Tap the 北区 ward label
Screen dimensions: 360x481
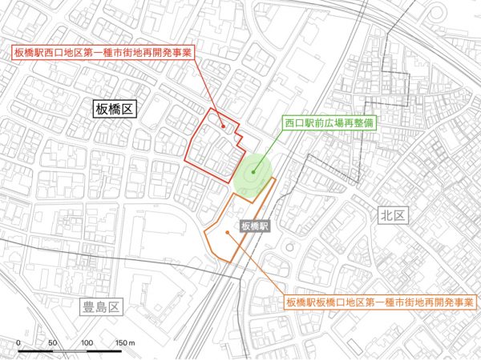coord(394,215)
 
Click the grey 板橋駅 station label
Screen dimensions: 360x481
coord(255,226)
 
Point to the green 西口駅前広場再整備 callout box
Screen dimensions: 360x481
coord(330,125)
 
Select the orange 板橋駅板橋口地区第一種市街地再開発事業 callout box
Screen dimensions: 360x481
coord(378,302)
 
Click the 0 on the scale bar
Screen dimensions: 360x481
coord(18,342)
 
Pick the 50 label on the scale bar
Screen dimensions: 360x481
coord(52,342)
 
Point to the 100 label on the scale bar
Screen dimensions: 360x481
coord(87,342)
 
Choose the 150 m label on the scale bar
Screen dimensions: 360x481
coord(124,342)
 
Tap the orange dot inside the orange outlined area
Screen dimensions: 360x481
coord(228,233)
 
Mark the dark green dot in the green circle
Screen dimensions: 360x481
coord(253,170)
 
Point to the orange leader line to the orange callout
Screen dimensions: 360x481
coord(257,264)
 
